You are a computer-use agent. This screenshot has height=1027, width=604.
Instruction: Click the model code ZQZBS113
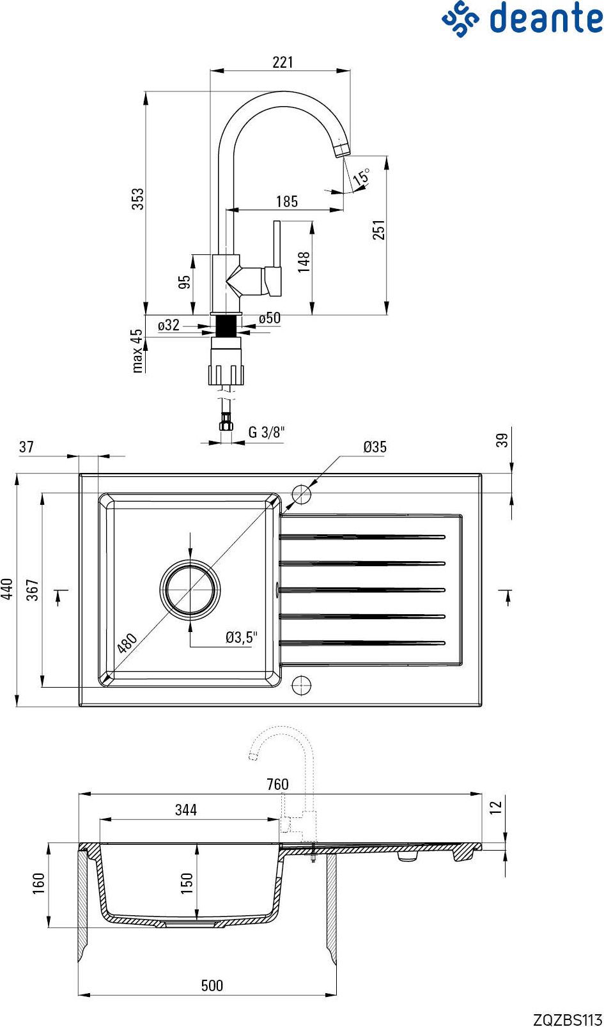pos(568,1019)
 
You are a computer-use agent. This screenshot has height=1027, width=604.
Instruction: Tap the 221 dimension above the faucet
pos(283,62)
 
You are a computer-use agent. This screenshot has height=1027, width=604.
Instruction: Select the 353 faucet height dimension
pos(137,199)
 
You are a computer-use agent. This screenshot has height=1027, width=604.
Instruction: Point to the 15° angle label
pos(361,177)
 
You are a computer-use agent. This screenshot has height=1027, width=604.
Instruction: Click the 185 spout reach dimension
pos(287,201)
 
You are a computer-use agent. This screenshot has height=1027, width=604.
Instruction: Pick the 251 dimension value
pos(379,229)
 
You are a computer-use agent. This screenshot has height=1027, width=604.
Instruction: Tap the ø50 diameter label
pos(270,318)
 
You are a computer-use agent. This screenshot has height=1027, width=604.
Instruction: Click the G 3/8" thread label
pos(267,432)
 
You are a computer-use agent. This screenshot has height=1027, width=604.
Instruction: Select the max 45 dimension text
pos(137,351)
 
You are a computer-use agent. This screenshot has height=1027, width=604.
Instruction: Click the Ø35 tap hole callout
pos(375,447)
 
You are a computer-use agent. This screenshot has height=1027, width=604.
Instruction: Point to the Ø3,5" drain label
pos(241,637)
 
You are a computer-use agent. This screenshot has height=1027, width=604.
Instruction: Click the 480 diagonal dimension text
pos(127,643)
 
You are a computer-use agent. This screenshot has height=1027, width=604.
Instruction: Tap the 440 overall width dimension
pos(7,589)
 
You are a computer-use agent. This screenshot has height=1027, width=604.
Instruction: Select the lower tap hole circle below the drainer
pos(301,686)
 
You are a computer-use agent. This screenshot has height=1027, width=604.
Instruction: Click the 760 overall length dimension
pos(278,784)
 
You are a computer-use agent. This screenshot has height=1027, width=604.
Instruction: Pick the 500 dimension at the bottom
pos(212,985)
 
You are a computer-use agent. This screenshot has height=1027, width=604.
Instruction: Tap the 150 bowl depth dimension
pos(187,883)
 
